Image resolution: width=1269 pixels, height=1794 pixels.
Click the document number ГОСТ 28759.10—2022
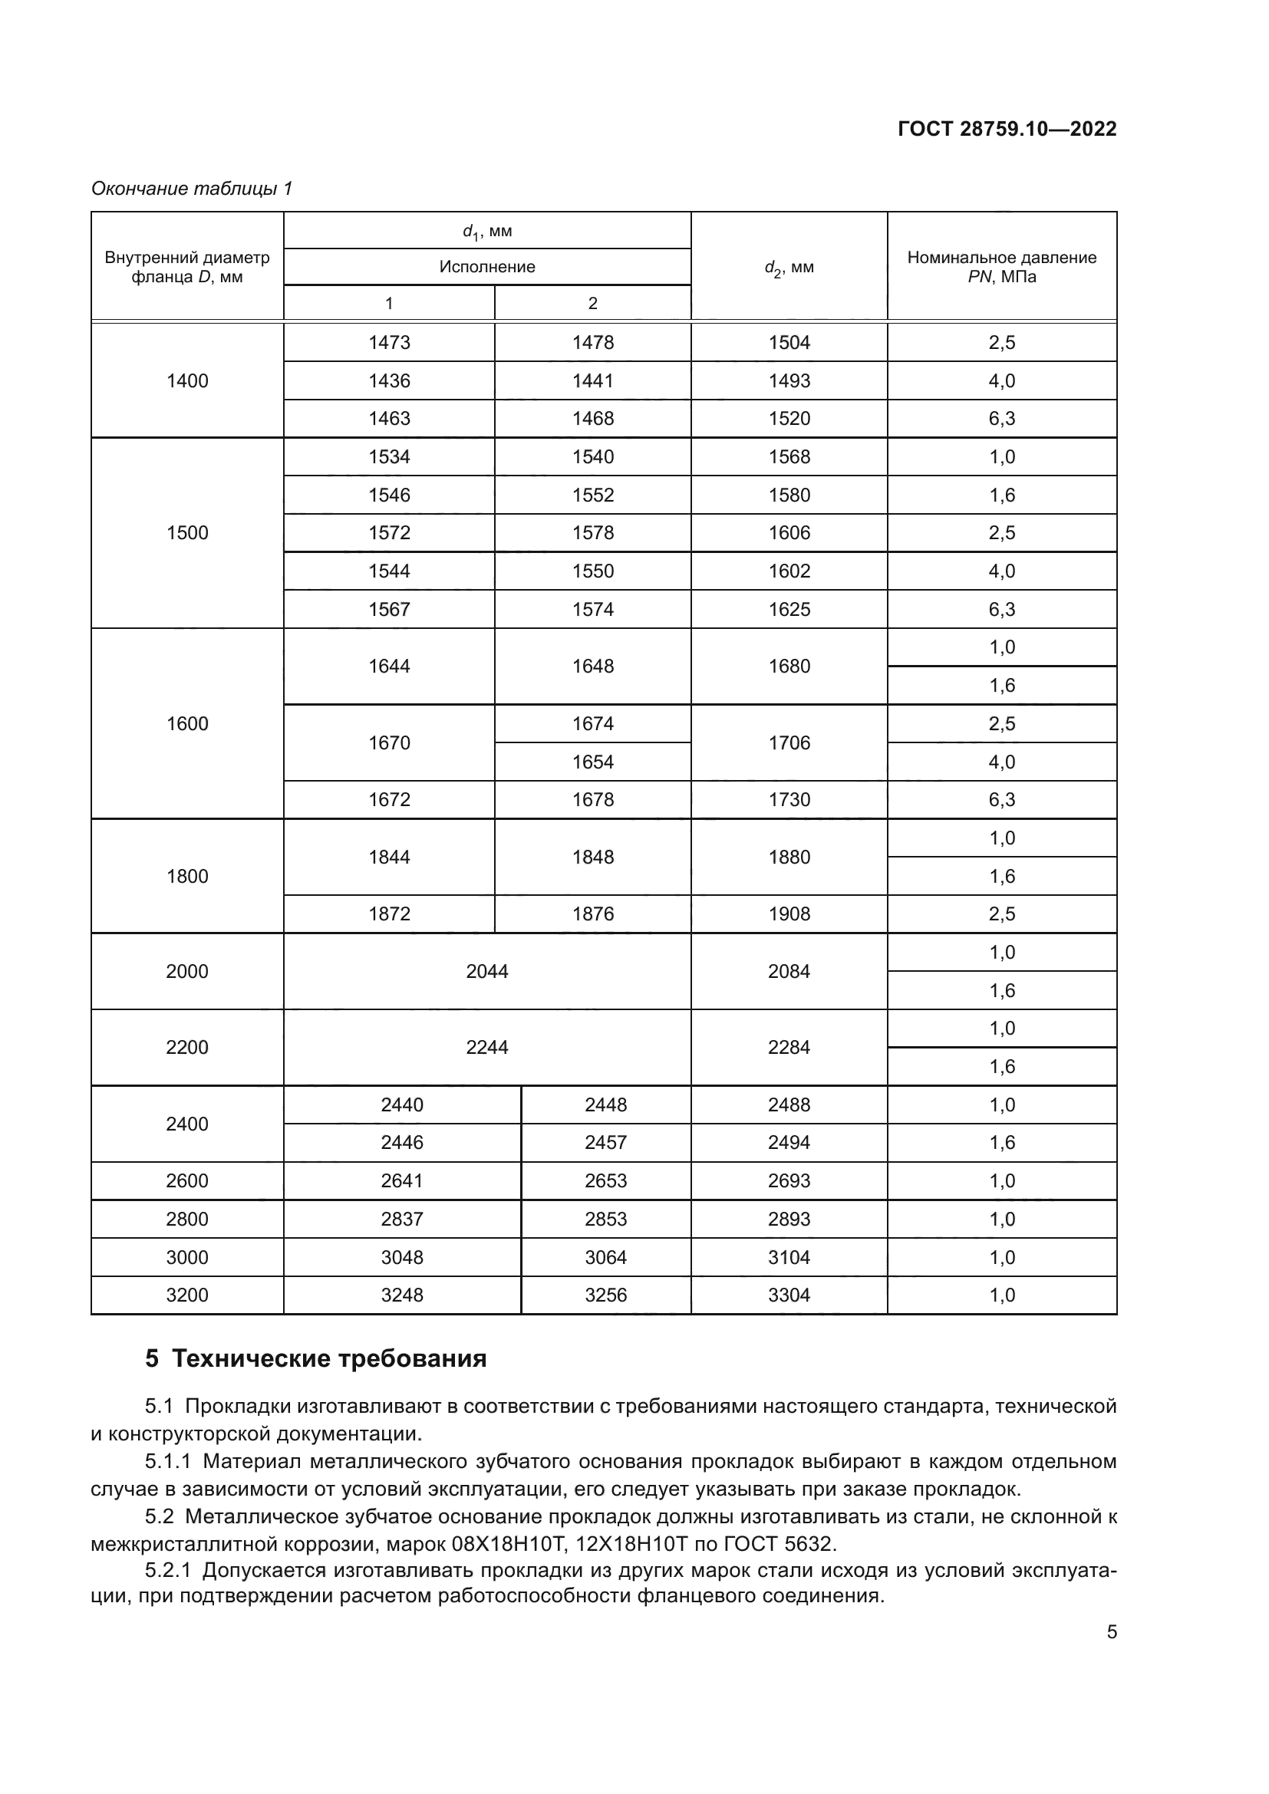coord(1007,129)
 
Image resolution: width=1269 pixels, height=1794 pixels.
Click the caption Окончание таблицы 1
coord(192,189)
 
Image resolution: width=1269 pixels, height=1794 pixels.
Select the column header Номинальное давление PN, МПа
coord(1001,266)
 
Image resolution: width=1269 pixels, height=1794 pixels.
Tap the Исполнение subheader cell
coord(487,266)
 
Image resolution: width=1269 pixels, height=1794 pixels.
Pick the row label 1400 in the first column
coord(186,380)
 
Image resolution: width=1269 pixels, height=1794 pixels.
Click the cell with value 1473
coord(389,342)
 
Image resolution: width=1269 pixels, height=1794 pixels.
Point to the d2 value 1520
coord(789,418)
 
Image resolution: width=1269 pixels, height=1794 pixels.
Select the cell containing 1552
coord(592,495)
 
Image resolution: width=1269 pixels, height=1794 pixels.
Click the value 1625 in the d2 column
coord(789,609)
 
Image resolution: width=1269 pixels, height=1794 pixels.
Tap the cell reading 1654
coord(592,761)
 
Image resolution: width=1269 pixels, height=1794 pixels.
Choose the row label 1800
coord(186,876)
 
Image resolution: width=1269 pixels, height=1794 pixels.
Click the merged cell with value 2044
coord(487,971)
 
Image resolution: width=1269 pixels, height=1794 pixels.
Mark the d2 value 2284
coord(789,1047)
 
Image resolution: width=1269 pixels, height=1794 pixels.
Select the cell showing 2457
coord(605,1142)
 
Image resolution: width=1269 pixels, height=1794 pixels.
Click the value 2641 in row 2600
coord(401,1180)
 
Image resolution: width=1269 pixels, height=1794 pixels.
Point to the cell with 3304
coord(789,1295)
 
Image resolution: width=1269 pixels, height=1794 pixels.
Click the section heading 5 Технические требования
coord(315,1359)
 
